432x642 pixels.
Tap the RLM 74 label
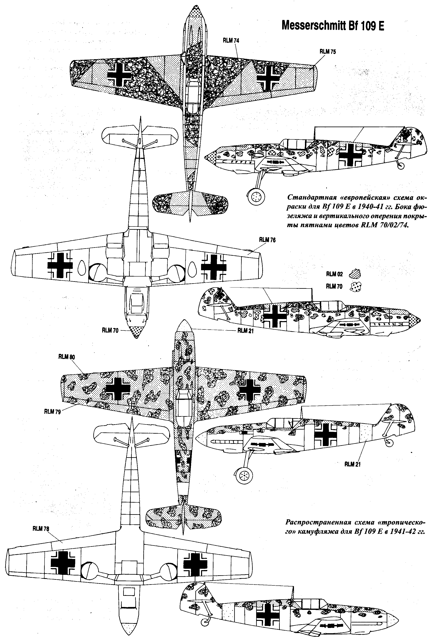click(x=231, y=40)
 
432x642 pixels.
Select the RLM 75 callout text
click(x=328, y=51)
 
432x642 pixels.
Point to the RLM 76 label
click(x=267, y=240)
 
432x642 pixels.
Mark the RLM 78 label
click(x=41, y=529)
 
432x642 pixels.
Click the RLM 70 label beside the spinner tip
click(x=110, y=330)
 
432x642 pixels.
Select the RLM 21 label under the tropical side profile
click(x=352, y=464)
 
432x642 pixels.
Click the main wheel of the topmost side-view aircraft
click(x=257, y=197)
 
